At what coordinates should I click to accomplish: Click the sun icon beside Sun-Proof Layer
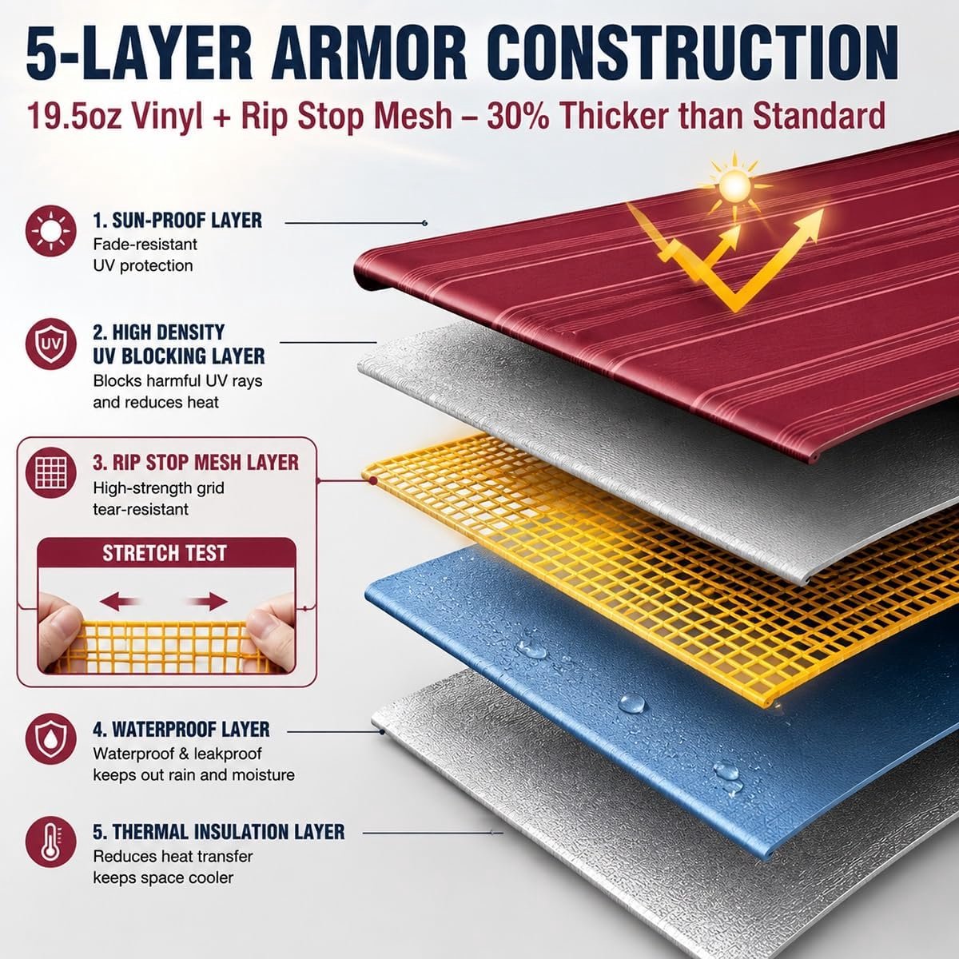coord(51,231)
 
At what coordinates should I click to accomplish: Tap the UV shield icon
coord(51,344)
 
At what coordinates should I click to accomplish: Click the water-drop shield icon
coord(51,738)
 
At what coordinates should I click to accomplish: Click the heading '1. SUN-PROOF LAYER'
coord(177,220)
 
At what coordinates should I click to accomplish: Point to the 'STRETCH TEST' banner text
coord(165,553)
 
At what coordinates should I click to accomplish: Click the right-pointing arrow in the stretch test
coord(207,601)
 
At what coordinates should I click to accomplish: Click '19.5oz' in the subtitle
coord(74,115)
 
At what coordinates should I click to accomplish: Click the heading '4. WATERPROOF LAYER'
coord(181,729)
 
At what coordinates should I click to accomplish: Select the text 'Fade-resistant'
coord(145,245)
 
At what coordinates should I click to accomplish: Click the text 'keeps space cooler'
coord(163,877)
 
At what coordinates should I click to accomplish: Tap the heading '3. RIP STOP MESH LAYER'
coord(196,463)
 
